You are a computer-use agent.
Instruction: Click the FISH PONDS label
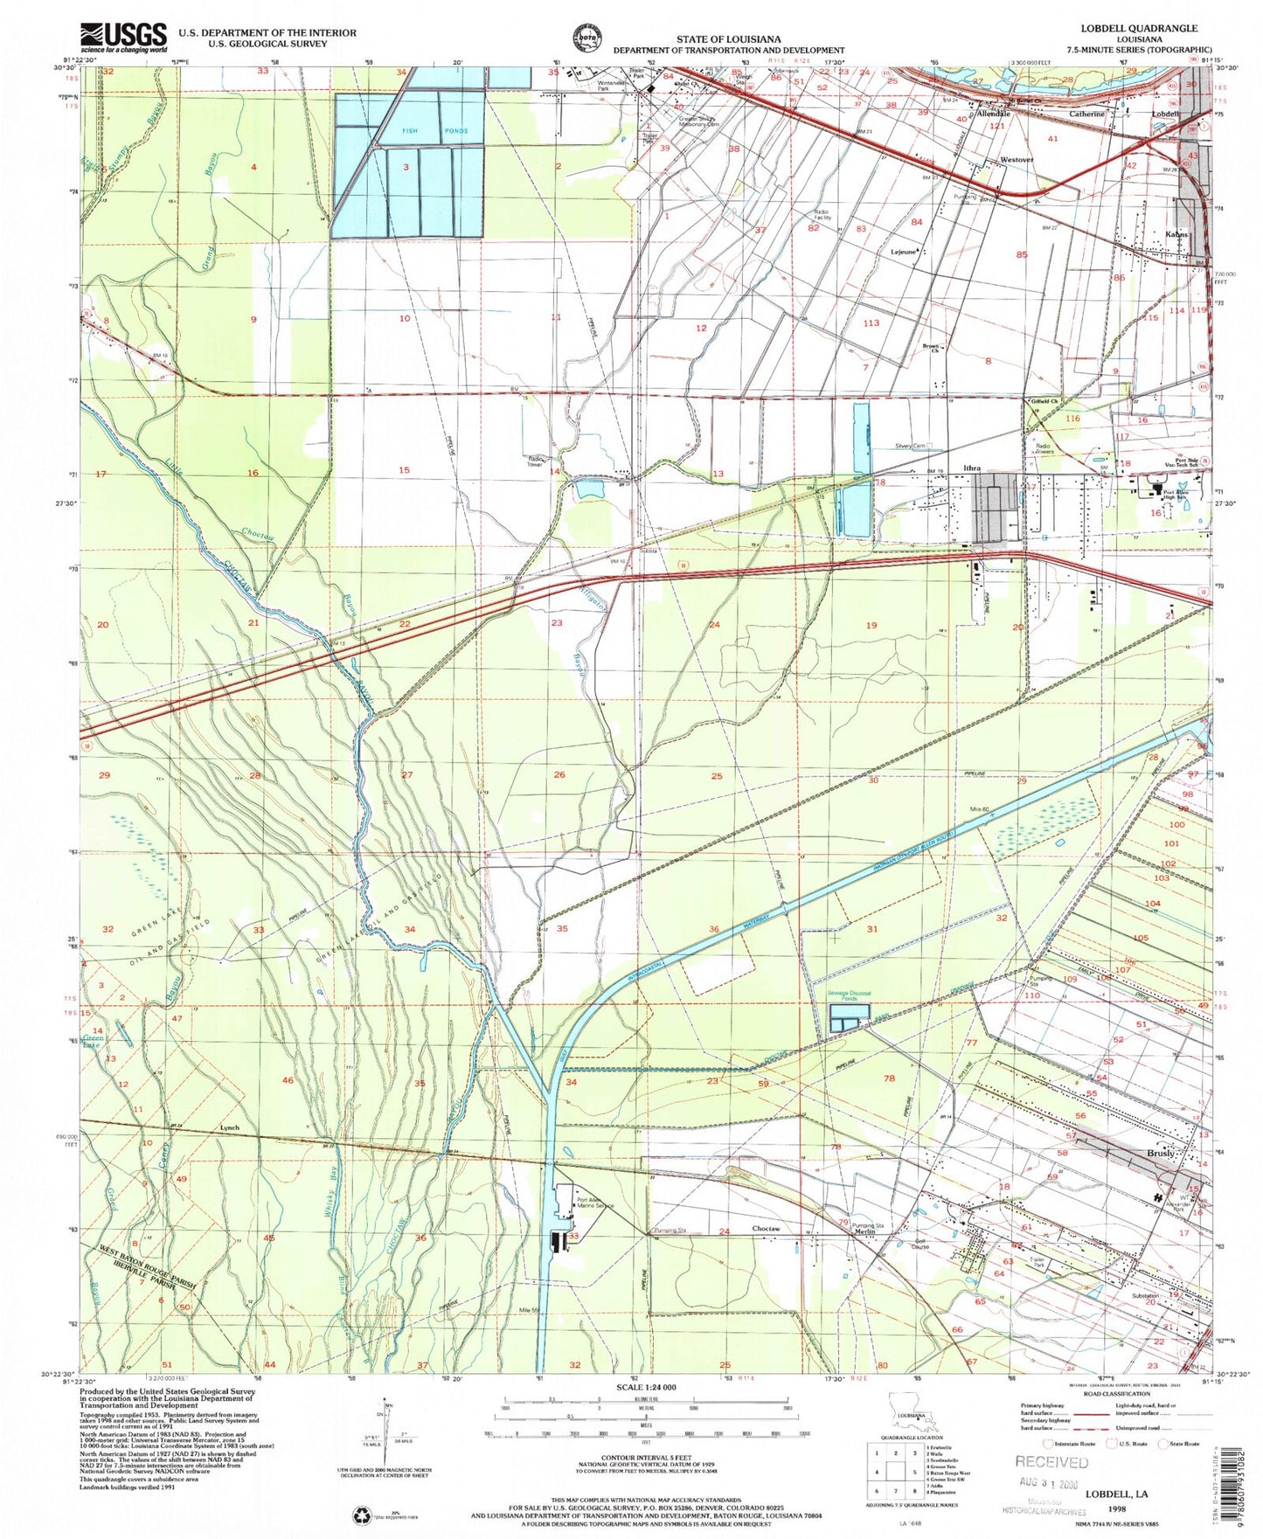click(422, 131)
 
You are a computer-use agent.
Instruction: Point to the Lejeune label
click(902, 252)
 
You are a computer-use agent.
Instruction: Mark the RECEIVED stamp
click(1051, 1461)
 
